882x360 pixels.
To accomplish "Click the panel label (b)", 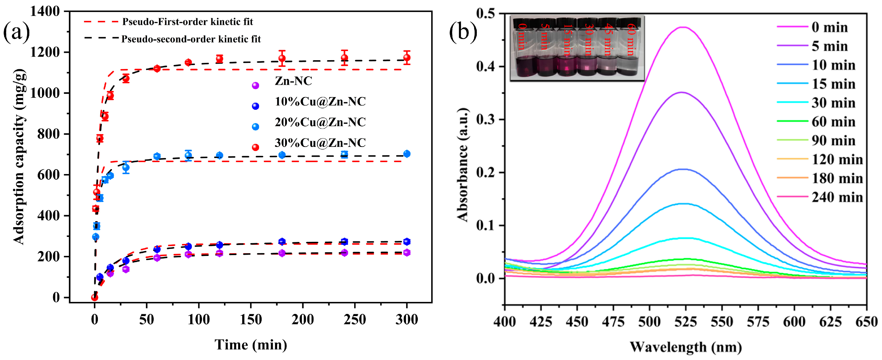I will pos(463,33).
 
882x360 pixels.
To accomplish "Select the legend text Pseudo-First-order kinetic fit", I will pos(188,22).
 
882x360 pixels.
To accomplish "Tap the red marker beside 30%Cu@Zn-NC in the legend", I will pos(255,147).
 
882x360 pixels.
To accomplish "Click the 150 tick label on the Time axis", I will pos(251,320).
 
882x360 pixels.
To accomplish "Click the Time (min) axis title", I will pos(251,345).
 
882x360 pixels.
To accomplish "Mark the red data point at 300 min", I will pos(407,57).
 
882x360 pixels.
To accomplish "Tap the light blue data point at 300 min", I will pos(407,154).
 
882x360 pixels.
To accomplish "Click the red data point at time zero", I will pos(94,297).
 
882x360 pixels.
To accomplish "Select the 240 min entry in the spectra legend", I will pos(837,197).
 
